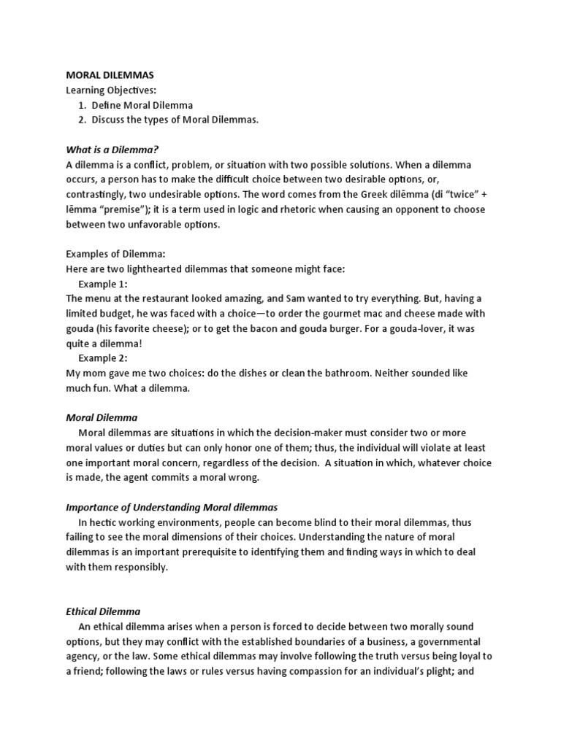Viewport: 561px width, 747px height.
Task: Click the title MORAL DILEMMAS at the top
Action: click(x=110, y=74)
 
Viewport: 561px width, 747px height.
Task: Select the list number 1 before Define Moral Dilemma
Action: click(x=83, y=105)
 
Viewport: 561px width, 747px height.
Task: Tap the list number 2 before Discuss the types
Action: click(x=83, y=120)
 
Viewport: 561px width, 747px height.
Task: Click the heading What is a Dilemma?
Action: click(x=112, y=150)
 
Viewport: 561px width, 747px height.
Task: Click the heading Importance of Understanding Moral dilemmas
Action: click(x=172, y=507)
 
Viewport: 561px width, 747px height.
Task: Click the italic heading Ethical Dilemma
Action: click(x=103, y=611)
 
